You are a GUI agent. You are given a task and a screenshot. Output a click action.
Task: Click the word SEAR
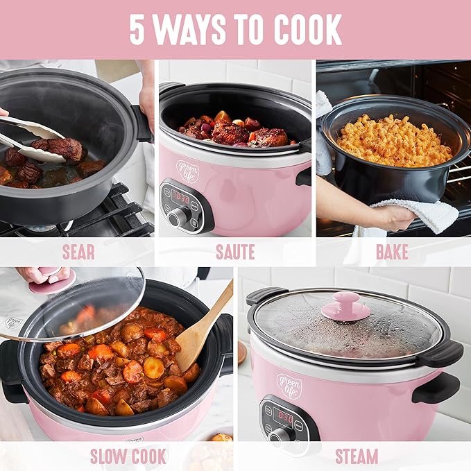coord(78,252)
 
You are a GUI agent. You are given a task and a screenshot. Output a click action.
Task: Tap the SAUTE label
coord(235,252)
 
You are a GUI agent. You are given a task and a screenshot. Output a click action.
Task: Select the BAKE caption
coord(392,252)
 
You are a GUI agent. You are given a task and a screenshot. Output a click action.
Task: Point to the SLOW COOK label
coord(128,456)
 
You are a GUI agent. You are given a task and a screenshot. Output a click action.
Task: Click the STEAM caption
coord(357,456)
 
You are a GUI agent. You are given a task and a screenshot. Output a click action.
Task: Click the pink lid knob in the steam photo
coord(345,305)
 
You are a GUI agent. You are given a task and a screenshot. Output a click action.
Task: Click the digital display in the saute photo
coord(181,198)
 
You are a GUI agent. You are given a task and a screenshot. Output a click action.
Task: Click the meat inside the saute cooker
coord(232,132)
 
